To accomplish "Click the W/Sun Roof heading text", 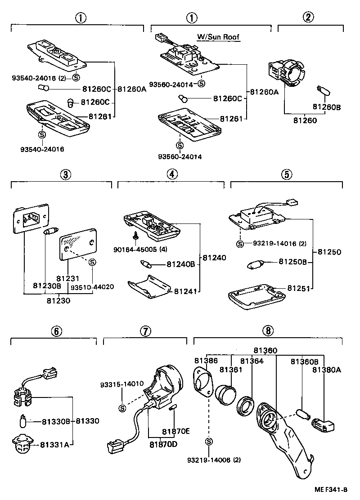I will [x=218, y=37].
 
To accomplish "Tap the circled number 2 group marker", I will [x=308, y=18].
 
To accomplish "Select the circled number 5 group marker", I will [x=287, y=174].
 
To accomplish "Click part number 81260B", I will [x=326, y=107].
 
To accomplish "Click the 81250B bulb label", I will [x=292, y=262].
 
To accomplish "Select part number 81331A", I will [x=54, y=445].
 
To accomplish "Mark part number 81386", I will [x=206, y=361].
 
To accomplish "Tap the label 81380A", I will [x=327, y=370].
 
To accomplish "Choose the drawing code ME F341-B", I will [x=331, y=490].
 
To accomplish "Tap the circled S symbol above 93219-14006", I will [x=209, y=442].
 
